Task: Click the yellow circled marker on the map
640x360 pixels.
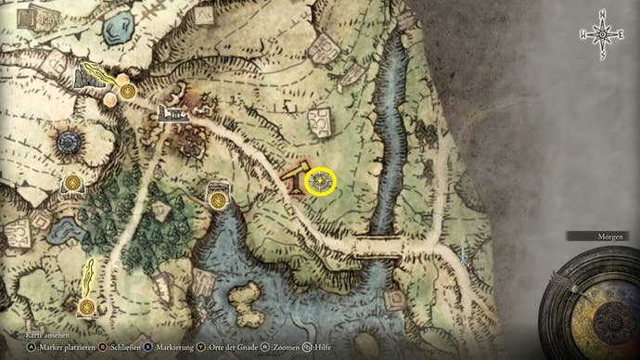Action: [321, 182]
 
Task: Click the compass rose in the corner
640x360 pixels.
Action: [601, 35]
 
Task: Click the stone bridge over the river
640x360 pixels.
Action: [377, 246]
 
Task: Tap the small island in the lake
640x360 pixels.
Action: [243, 296]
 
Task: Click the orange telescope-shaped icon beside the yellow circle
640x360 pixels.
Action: [293, 174]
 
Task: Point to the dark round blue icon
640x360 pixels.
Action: [68, 142]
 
